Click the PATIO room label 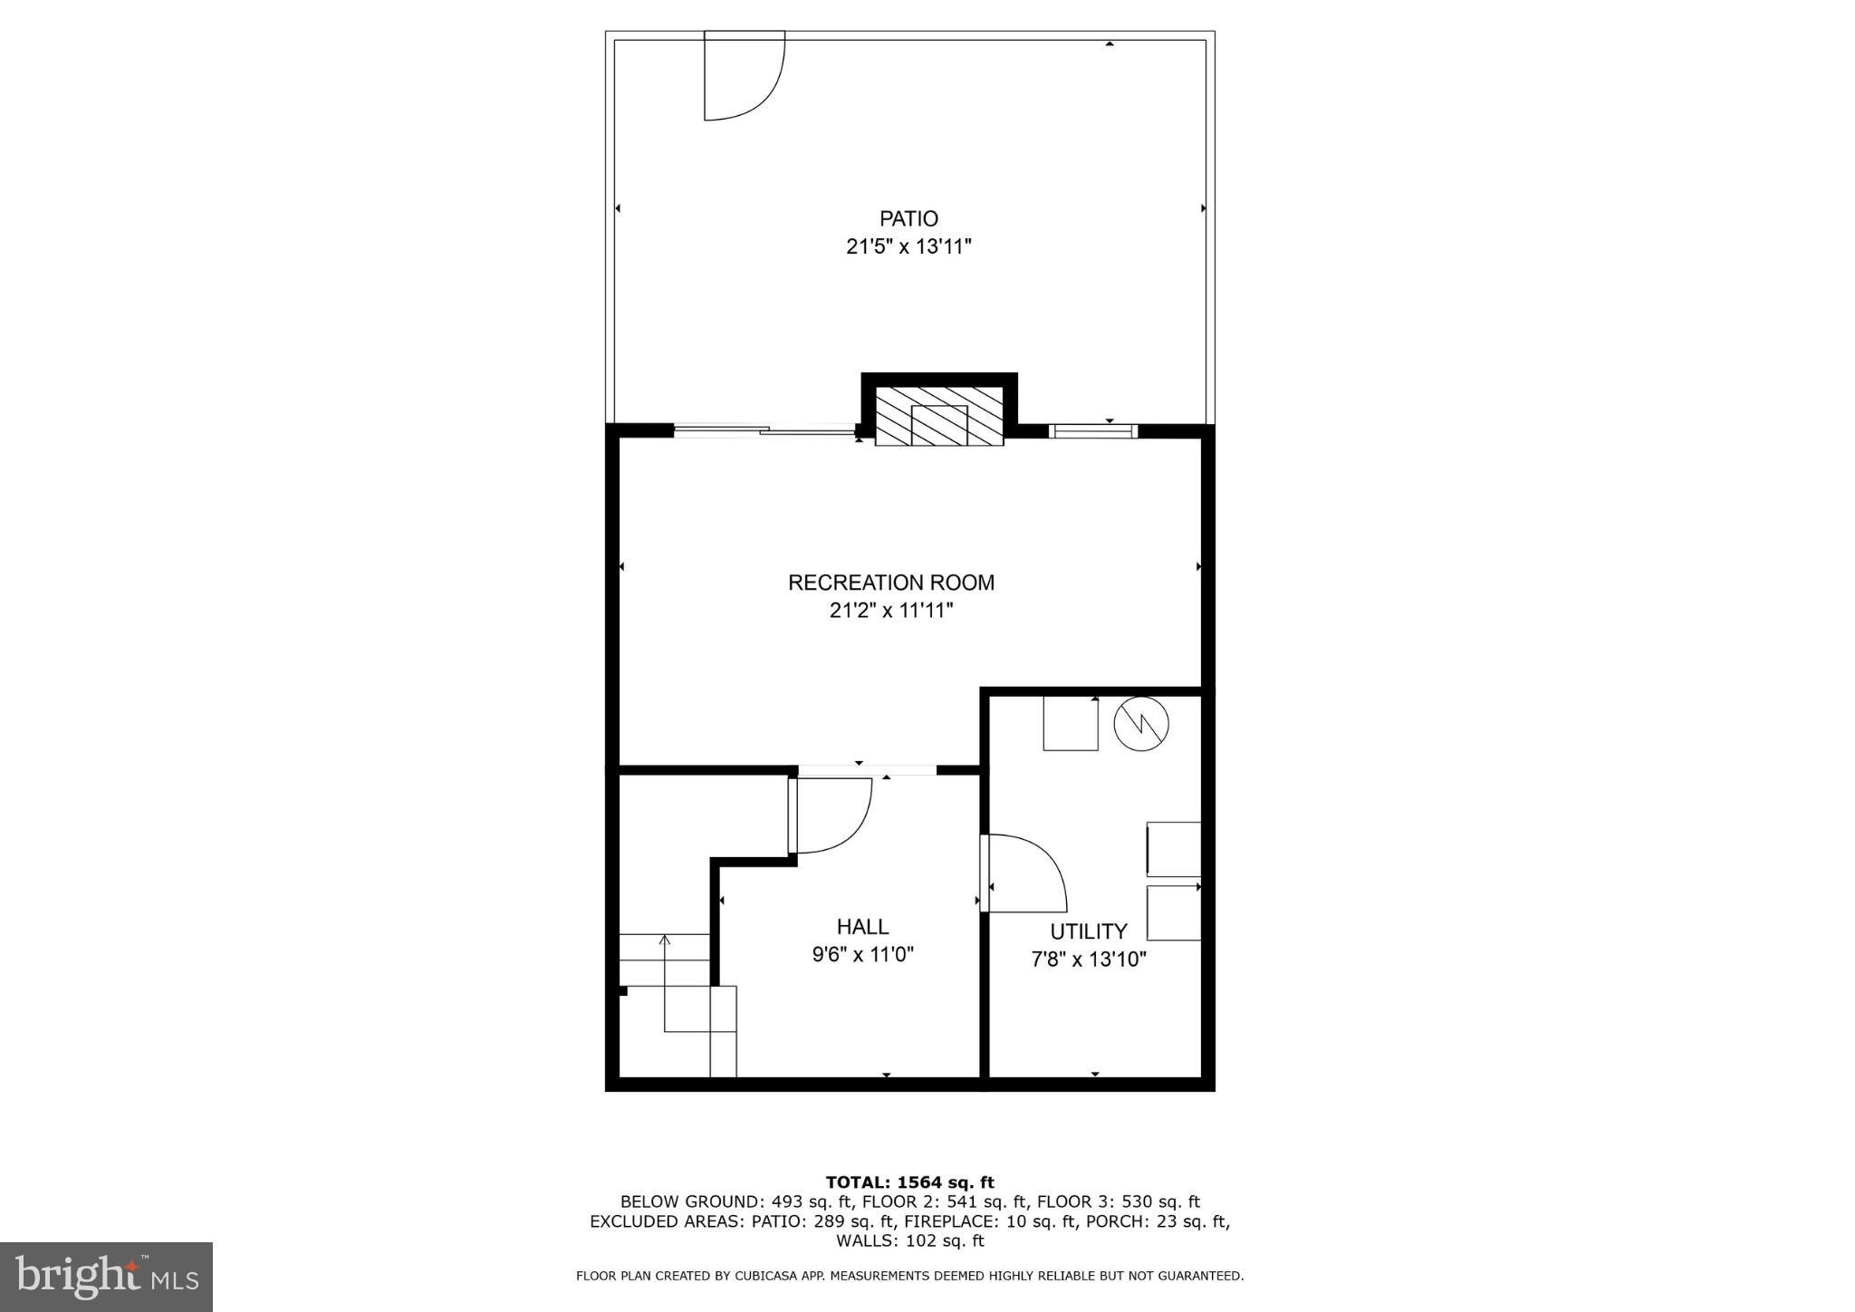[x=908, y=218]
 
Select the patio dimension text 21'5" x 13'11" [x=908, y=246]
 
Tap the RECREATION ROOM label [x=891, y=583]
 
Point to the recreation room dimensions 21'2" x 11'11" [x=891, y=611]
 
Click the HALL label [x=862, y=926]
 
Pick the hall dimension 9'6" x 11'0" [x=862, y=954]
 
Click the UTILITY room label [x=1088, y=931]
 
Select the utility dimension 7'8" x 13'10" [x=1088, y=960]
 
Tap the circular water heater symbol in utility [x=1141, y=723]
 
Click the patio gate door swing [x=743, y=77]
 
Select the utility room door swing [x=1025, y=873]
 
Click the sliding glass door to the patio [x=765, y=431]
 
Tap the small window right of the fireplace [x=1091, y=431]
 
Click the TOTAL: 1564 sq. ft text [x=909, y=1182]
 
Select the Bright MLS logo [x=106, y=1277]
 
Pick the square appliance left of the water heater [x=1070, y=723]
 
